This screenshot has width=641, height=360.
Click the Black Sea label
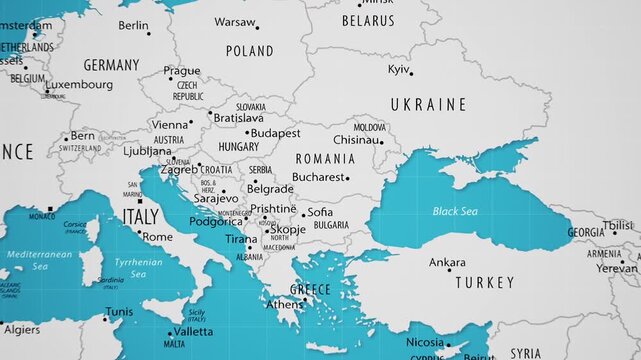coord(455,211)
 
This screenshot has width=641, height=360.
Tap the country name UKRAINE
coord(428,104)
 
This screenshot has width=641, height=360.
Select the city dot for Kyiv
coord(410,73)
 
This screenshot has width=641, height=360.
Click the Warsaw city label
coord(234,21)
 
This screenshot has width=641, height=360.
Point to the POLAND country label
coord(249,50)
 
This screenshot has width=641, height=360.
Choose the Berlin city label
coord(133,26)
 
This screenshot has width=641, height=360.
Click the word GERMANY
coord(111,65)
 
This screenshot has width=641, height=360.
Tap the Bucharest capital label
coord(317,177)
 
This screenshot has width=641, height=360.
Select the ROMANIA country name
coord(325,158)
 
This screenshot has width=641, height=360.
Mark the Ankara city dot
coord(449,270)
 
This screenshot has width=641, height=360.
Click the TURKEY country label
coord(485,283)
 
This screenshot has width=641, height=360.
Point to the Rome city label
coord(157,237)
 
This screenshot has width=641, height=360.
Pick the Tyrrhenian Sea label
coord(138,267)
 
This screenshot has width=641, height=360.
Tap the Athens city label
coord(284,304)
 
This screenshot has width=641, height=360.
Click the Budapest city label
coord(276,132)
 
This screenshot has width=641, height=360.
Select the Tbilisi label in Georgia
coord(618,226)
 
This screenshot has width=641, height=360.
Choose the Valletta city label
coord(193,331)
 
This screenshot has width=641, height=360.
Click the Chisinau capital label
coord(356,140)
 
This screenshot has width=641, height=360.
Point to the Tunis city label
coord(119,312)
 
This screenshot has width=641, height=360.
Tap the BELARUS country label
coord(368,20)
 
